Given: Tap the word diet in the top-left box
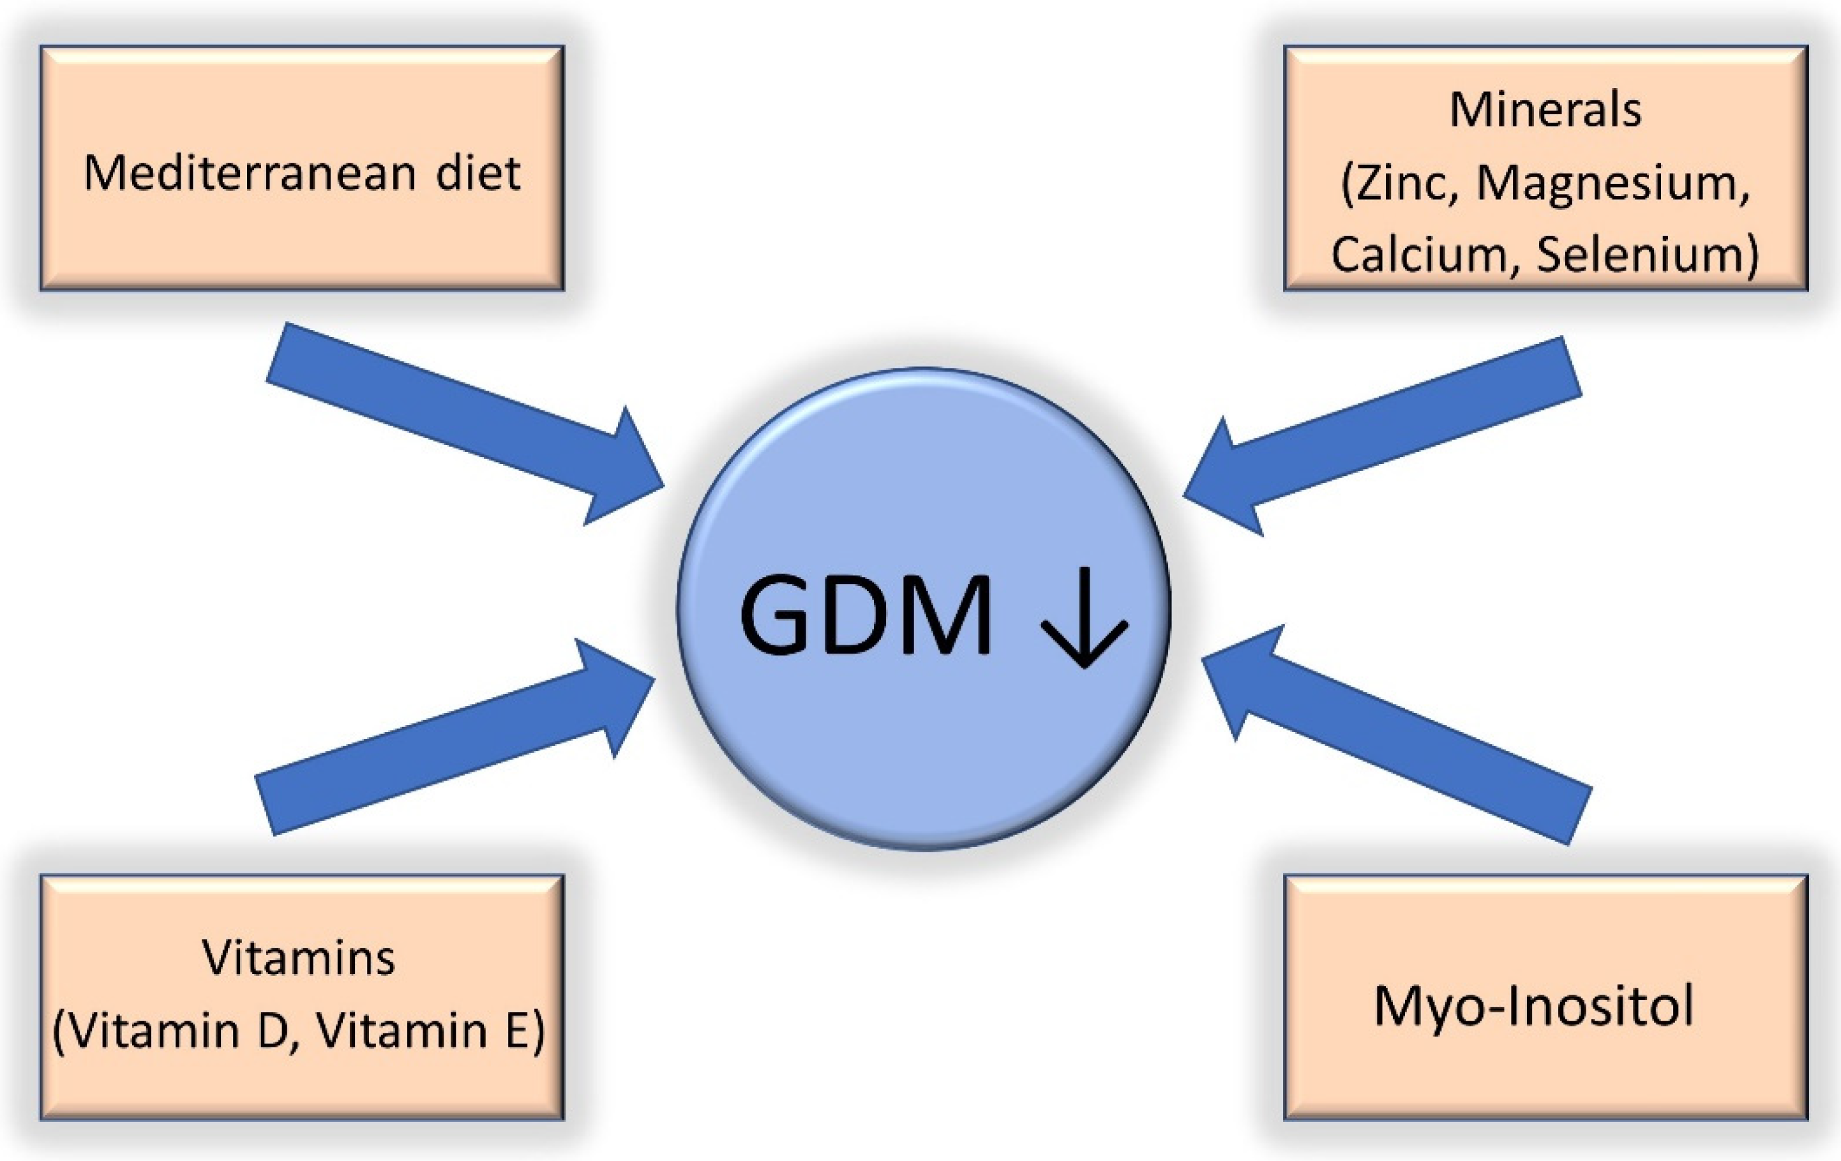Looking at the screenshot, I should [479, 174].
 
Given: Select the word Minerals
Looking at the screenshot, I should [1545, 110].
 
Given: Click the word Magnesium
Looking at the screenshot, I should [1612, 185].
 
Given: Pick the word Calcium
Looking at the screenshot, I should [1419, 255].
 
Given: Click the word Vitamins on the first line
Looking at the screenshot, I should [299, 957].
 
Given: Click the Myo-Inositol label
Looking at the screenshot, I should [1535, 1006].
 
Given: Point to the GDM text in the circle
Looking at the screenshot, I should [866, 616].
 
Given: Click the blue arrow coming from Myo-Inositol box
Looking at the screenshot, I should [1399, 734].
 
